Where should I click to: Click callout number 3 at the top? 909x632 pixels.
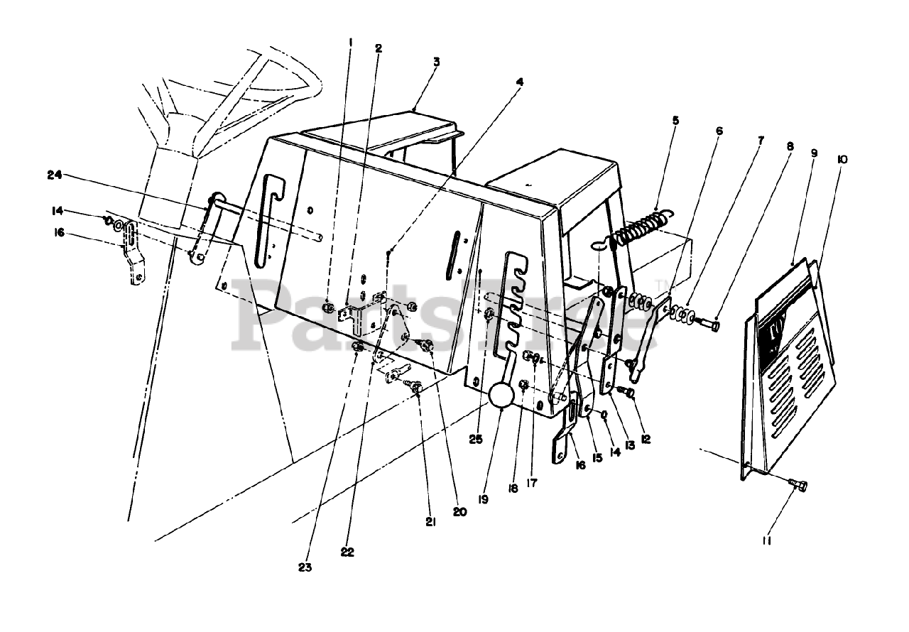click(x=436, y=62)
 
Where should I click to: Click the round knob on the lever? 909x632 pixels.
click(x=503, y=395)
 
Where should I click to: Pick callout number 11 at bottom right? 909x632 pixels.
click(x=767, y=541)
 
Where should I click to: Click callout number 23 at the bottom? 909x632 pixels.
click(x=305, y=567)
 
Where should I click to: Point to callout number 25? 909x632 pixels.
click(x=476, y=439)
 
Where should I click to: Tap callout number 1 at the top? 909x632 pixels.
click(x=350, y=41)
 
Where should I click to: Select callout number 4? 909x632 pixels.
click(x=520, y=82)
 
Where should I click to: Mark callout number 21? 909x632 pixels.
click(x=430, y=522)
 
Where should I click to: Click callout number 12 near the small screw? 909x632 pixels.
click(x=646, y=440)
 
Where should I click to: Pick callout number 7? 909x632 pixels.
click(x=761, y=141)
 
